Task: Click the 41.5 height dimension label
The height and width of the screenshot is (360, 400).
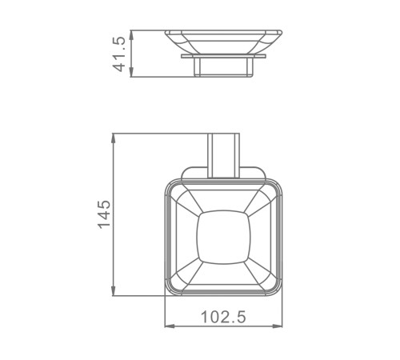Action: pos(118,54)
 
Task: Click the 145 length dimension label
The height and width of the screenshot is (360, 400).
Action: pos(104,214)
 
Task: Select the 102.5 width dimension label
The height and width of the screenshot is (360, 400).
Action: pos(223,317)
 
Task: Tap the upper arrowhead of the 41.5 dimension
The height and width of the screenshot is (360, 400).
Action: pos(131,35)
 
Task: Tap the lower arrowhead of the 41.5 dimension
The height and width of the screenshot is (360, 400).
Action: pos(131,72)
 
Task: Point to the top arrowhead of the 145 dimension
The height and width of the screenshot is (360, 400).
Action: pos(114,138)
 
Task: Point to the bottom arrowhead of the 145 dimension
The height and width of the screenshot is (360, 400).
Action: pos(114,290)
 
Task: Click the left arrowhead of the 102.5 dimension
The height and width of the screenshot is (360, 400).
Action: pos(170,326)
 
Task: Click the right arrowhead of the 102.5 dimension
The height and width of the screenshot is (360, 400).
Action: pos(278,326)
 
